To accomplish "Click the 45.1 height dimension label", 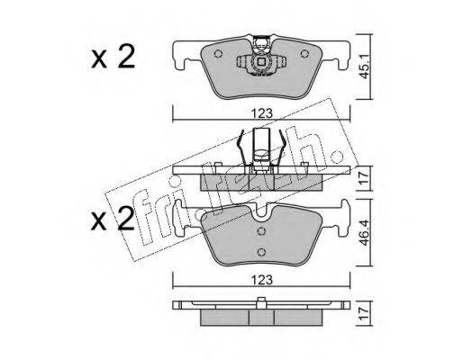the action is click(365, 67).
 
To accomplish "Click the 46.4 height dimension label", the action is click(365, 233).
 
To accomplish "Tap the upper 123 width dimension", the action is click(262, 113).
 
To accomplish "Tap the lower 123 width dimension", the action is click(262, 280).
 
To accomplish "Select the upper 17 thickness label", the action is click(365, 178).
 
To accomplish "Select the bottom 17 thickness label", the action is click(365, 313).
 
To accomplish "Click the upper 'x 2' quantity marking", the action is click(113, 57).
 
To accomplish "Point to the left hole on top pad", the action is click(218, 54).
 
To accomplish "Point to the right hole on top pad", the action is click(304, 54).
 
